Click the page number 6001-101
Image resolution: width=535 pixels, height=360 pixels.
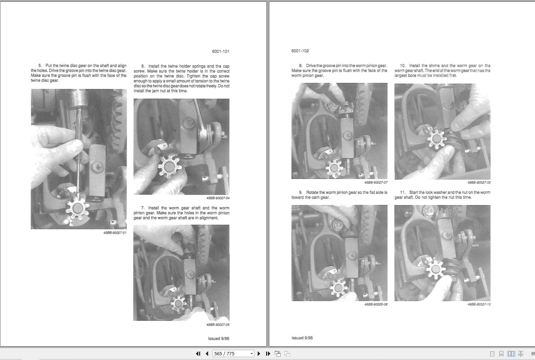(x=221, y=51)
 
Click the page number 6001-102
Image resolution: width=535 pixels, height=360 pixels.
(x=300, y=51)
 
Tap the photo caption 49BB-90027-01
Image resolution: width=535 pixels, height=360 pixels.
(x=115, y=233)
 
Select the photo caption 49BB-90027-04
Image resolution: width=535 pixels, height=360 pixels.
(x=218, y=198)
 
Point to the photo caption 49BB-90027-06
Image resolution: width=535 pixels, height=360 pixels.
(x=218, y=325)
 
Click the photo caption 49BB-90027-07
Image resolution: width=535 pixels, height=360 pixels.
(x=376, y=183)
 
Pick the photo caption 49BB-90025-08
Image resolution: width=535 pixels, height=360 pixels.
(x=376, y=304)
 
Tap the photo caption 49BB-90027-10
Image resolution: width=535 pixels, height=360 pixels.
(x=479, y=304)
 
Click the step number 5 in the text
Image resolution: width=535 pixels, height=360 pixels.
(x=40, y=65)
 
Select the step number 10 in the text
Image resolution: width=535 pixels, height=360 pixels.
(x=403, y=65)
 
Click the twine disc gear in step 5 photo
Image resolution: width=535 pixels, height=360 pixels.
(x=78, y=208)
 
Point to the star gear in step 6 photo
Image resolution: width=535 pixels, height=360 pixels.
(x=169, y=166)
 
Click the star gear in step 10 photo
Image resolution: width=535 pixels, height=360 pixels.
(x=436, y=139)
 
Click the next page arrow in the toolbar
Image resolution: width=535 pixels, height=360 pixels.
(x=259, y=353)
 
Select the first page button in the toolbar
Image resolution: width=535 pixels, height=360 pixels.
(x=198, y=353)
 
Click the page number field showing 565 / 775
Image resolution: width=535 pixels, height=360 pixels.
(x=230, y=353)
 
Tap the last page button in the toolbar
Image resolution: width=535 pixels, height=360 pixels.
(x=268, y=353)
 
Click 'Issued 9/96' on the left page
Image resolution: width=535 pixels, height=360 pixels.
(x=218, y=339)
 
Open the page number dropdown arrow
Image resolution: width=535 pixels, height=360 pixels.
(x=251, y=353)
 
